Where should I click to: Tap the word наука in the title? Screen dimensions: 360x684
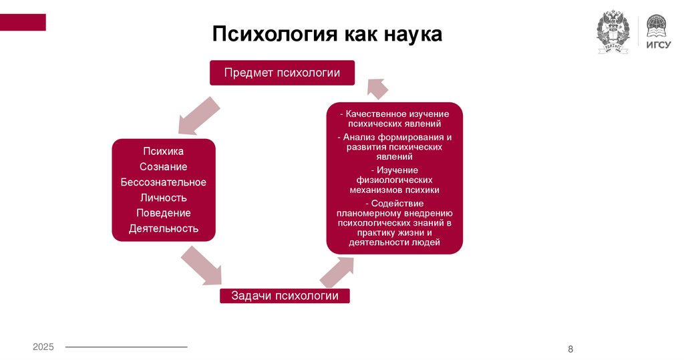(x=412, y=34)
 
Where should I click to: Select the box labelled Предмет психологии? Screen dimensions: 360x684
(x=282, y=73)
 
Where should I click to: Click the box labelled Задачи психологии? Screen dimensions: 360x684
(x=285, y=296)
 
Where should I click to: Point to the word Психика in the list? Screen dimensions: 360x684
(x=164, y=152)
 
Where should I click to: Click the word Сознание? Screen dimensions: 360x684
(x=164, y=167)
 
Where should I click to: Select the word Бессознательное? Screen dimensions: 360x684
(x=164, y=182)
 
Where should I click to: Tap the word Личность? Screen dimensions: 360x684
(x=164, y=198)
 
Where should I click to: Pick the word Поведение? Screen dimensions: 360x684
(x=164, y=213)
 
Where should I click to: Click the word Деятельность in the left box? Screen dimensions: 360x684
(x=164, y=228)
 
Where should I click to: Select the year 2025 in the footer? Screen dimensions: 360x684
(x=43, y=347)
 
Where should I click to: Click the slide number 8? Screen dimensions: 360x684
(x=570, y=349)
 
